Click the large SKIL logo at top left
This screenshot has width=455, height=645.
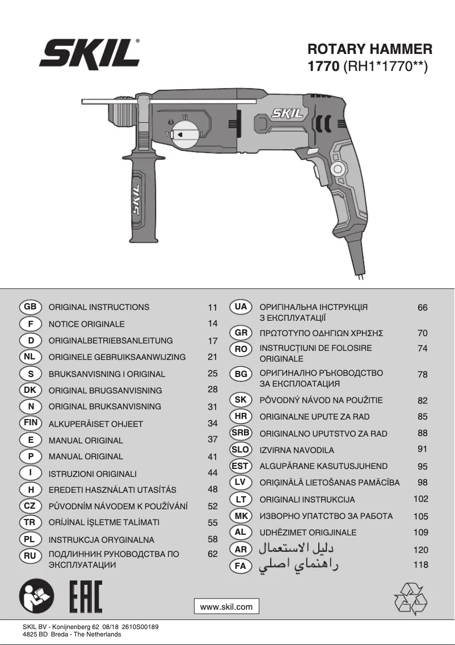[90, 55]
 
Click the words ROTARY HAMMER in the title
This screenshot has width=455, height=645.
[370, 49]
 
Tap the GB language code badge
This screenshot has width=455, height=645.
[30, 307]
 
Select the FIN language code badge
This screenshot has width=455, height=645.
[30, 423]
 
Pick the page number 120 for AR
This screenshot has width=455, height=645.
[421, 550]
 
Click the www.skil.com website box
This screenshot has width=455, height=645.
[226, 606]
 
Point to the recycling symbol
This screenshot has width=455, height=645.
[410, 598]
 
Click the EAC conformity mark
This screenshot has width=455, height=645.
[86, 597]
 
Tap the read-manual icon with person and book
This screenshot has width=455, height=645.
[37, 597]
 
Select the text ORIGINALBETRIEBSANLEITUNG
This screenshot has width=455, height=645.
[111, 341]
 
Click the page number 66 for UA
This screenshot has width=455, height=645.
[422, 308]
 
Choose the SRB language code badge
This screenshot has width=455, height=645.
[241, 433]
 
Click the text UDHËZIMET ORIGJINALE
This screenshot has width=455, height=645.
[308, 533]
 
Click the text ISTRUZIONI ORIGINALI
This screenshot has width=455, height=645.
[92, 474]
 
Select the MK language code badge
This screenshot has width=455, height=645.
[241, 516]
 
